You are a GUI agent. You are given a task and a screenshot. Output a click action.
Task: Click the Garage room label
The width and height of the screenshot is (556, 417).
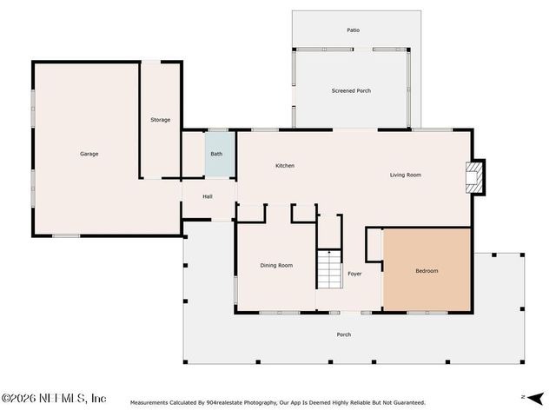(89, 154)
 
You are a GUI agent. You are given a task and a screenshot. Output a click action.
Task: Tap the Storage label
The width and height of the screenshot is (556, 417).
(160, 120)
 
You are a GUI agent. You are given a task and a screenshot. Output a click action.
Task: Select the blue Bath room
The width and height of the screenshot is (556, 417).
(220, 154)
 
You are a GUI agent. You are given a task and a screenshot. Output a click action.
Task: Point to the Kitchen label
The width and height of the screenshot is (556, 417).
(285, 166)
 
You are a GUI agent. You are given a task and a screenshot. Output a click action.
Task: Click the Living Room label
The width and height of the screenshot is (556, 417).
(406, 175)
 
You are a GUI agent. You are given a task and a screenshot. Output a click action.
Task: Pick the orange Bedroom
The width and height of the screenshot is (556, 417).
(427, 269)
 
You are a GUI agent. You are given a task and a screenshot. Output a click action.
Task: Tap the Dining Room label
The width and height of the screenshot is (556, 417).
(276, 265)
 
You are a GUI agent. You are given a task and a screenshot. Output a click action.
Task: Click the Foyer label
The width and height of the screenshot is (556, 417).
(354, 274)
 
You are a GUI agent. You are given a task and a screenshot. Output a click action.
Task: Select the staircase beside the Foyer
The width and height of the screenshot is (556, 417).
(329, 269)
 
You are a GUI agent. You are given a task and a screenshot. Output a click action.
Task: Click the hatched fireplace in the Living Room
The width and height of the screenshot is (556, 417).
(474, 177)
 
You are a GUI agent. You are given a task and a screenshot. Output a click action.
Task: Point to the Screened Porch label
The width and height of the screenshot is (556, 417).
(351, 90)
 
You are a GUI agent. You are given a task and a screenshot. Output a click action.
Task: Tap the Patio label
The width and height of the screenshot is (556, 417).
(354, 30)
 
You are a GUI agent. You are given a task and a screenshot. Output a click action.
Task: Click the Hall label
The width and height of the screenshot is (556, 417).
(208, 196)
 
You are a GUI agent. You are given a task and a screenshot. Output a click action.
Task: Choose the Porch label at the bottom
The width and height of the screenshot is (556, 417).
(344, 334)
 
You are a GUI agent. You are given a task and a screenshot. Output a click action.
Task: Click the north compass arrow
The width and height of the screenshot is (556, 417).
(535, 398)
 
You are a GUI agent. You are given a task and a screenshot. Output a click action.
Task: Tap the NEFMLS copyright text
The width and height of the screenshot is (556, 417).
(54, 398)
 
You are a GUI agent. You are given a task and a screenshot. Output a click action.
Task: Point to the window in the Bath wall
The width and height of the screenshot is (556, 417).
(218, 130)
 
